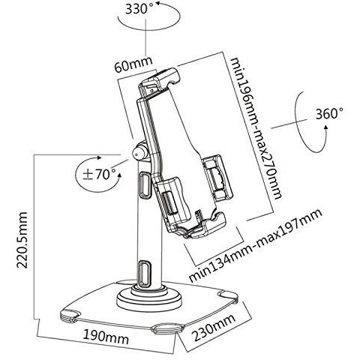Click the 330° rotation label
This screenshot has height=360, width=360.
(x=139, y=9)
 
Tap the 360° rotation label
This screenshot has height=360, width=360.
(x=329, y=114)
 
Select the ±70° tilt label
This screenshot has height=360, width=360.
(x=99, y=174)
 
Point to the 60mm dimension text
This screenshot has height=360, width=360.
(x=133, y=64)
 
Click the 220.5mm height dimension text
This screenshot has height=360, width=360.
(x=22, y=240)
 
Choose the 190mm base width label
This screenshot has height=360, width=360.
(x=106, y=337)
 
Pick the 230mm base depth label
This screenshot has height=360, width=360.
(x=214, y=327)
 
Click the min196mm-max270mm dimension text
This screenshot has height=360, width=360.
(x=256, y=128)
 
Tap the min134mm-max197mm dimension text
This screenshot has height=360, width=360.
(x=256, y=245)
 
